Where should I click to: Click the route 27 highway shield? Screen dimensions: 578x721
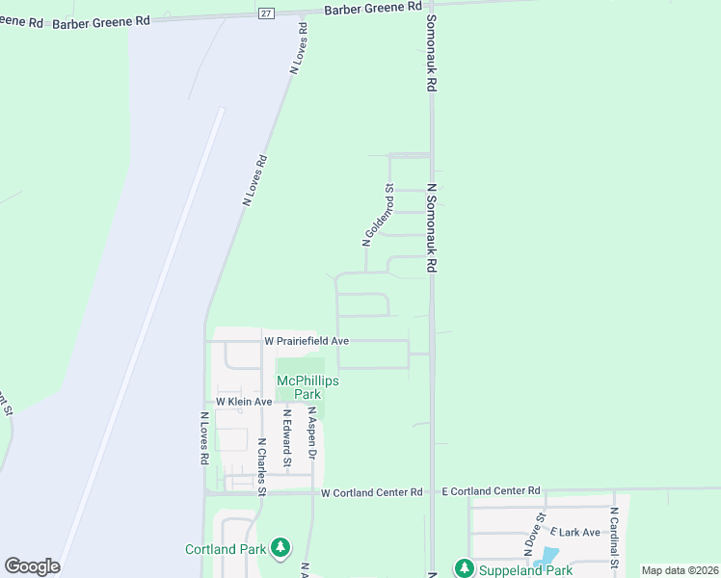(x=266, y=12)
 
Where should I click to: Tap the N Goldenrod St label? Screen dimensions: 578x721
(x=379, y=215)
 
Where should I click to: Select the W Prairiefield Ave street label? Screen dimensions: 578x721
(x=307, y=341)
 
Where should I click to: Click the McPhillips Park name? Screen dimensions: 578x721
(x=307, y=387)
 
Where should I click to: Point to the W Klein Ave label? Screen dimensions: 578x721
(x=245, y=401)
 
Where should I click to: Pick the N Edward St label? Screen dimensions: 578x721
(x=286, y=439)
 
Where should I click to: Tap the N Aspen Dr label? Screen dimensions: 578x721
(x=311, y=436)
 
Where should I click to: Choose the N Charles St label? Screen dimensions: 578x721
(x=261, y=467)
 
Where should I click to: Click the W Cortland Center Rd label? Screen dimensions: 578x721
(x=372, y=492)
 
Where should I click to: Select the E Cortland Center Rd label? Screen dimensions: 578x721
(x=491, y=491)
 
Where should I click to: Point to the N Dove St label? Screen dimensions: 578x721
(x=535, y=535)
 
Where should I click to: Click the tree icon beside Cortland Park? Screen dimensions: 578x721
(x=280, y=548)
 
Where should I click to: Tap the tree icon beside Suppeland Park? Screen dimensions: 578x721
(x=464, y=569)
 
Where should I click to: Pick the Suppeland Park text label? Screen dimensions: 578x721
(x=526, y=570)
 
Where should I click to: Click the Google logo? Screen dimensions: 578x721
(x=32, y=566)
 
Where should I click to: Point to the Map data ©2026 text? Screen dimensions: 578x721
(x=679, y=570)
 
